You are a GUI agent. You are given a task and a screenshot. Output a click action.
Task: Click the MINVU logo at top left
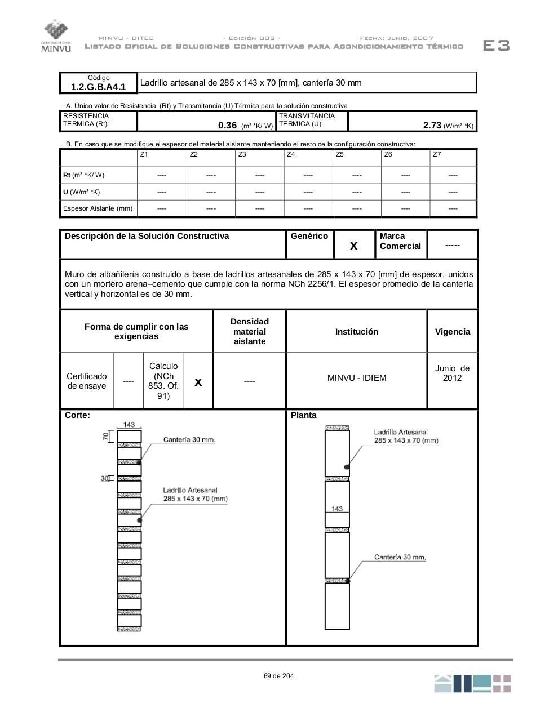(56, 35)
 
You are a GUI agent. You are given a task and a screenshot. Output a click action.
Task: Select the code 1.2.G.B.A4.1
(99, 87)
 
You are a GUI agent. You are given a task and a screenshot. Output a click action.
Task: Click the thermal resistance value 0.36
(227, 126)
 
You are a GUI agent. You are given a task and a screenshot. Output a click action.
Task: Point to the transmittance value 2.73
(432, 126)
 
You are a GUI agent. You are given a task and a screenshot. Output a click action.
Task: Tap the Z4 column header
(291, 154)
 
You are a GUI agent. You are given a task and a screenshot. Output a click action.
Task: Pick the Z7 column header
(437, 154)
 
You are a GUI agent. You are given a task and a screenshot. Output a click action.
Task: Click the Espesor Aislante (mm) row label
(98, 208)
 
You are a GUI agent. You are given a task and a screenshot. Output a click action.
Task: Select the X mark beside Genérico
(354, 246)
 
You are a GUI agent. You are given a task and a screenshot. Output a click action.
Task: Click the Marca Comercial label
(400, 241)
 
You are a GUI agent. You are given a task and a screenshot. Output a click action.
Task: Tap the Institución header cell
(356, 332)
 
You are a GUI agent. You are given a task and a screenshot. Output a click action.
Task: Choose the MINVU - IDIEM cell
(356, 378)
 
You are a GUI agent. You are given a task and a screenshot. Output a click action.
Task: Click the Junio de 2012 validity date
(452, 373)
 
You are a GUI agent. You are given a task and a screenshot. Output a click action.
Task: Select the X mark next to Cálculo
(198, 382)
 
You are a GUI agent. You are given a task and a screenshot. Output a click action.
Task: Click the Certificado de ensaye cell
(87, 381)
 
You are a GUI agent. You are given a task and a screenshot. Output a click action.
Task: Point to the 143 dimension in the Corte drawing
(129, 425)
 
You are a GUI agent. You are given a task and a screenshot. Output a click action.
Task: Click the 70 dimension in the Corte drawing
(105, 436)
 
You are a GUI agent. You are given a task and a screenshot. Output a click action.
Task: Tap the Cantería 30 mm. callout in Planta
(400, 557)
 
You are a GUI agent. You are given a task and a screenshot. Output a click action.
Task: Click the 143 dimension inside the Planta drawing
(337, 509)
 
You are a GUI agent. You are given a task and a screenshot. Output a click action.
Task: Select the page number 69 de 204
(278, 676)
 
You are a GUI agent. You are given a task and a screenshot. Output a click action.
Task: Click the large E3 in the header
(496, 46)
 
